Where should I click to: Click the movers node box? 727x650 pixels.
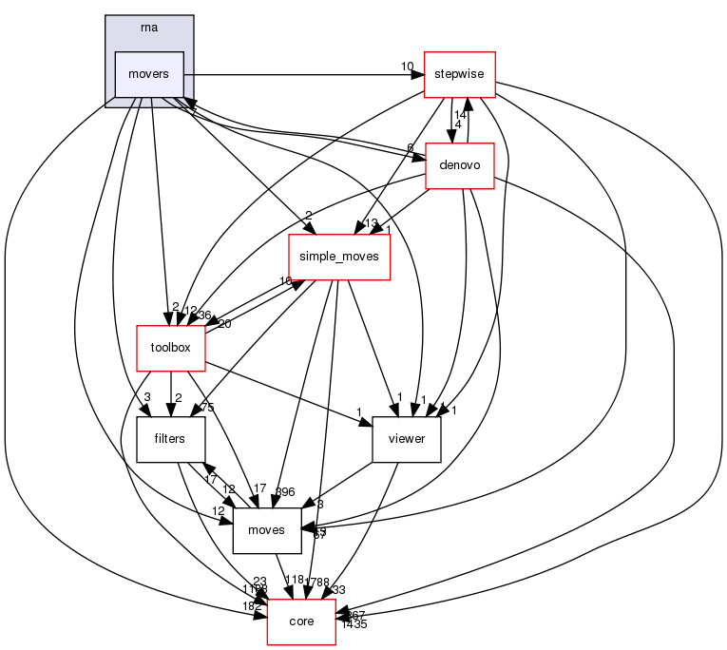[x=148, y=74]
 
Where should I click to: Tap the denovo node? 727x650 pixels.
[x=459, y=165]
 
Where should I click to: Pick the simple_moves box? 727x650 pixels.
[x=339, y=257]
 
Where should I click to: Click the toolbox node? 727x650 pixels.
[x=170, y=348]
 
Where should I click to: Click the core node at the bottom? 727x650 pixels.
[x=301, y=621]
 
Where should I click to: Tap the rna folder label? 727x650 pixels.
[x=149, y=27]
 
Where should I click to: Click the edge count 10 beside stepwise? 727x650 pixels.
[x=407, y=66]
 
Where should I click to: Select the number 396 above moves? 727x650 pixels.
[x=285, y=491]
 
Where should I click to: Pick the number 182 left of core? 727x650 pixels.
[x=252, y=606]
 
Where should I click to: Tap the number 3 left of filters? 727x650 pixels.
[x=147, y=396]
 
